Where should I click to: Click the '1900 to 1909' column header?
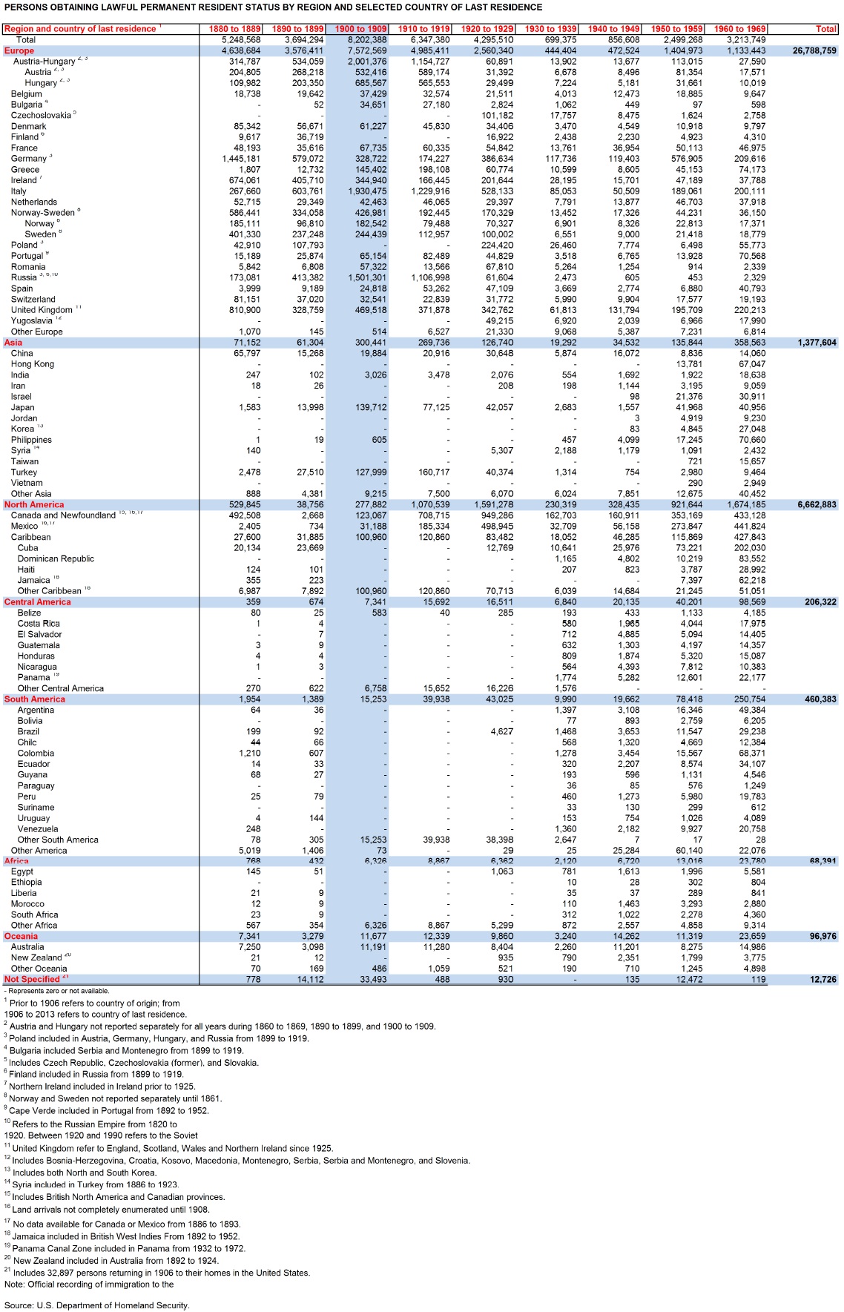(x=360, y=29)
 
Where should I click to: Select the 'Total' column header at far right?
(x=825, y=29)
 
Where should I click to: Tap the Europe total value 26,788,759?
(x=814, y=51)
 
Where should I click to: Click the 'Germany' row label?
(x=29, y=159)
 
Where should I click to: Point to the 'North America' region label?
(x=34, y=505)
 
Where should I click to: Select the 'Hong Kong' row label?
(x=33, y=364)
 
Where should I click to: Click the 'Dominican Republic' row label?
(x=56, y=559)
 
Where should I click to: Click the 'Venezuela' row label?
(x=38, y=829)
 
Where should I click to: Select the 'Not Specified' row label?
(x=32, y=980)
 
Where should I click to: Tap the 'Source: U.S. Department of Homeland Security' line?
(x=96, y=1305)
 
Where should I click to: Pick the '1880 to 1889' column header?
(x=234, y=29)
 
